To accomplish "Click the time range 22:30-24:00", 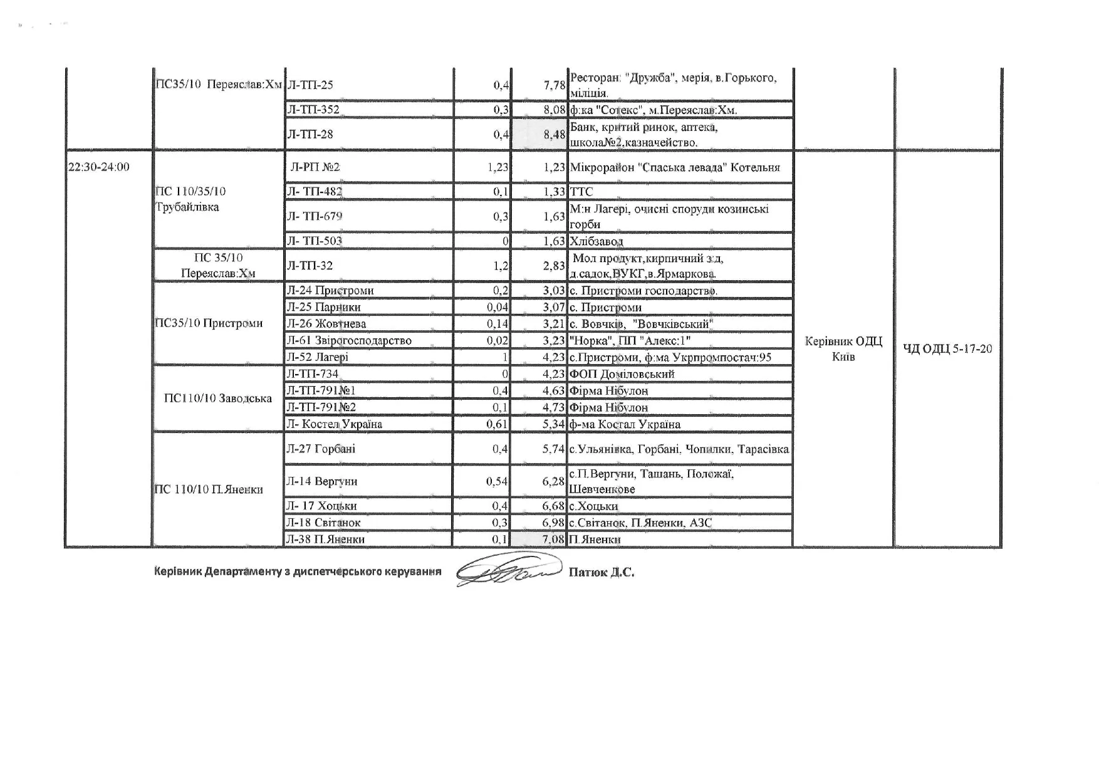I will (x=98, y=167).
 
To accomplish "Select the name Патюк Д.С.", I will (x=601, y=572).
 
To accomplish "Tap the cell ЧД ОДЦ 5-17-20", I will (x=947, y=348).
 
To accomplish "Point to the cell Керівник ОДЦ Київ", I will (x=843, y=349).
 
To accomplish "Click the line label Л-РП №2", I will (x=315, y=167).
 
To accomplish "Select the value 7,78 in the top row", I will (x=555, y=85).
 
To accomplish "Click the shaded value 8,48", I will (x=555, y=134).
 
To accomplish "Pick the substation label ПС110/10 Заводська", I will (x=217, y=399).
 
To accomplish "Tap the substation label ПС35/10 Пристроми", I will (x=209, y=323).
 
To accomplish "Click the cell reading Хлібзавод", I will (x=596, y=241).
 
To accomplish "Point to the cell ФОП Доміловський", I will (x=622, y=374).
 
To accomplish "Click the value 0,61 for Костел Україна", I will (x=497, y=424).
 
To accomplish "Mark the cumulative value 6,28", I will (x=555, y=481).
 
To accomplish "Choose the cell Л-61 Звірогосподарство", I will (x=349, y=340).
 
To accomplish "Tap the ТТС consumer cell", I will (x=581, y=192).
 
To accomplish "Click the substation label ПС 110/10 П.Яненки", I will (x=209, y=489).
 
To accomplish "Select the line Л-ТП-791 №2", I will (x=321, y=407).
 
